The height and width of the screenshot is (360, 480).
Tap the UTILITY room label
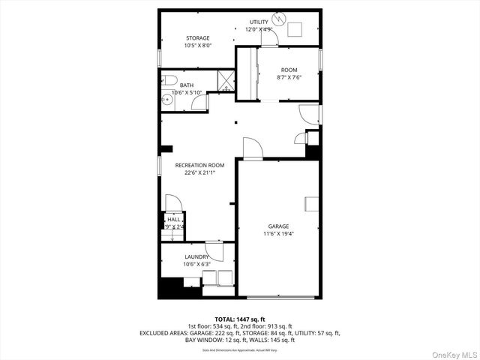(x=259, y=22)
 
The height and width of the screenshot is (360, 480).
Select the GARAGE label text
(x=278, y=226)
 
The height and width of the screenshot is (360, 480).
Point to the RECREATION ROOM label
(x=199, y=165)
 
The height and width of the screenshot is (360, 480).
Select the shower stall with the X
(x=226, y=79)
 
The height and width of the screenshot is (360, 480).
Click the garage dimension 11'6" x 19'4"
(x=278, y=233)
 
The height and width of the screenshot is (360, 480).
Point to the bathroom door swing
(x=199, y=103)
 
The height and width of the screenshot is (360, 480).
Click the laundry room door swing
(x=214, y=253)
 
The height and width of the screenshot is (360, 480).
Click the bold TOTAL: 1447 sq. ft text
(x=239, y=319)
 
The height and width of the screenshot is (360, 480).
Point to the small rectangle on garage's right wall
(x=311, y=204)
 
